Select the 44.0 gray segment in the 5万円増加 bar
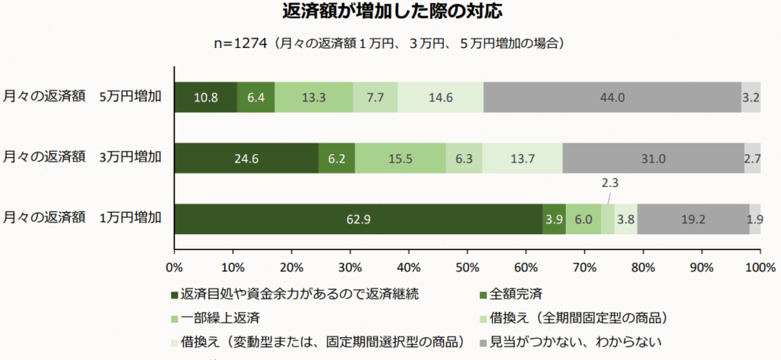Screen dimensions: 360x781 (612, 97)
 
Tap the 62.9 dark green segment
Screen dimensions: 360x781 (358, 220)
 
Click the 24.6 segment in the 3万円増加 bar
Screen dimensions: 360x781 (246, 159)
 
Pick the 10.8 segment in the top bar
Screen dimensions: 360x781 (206, 97)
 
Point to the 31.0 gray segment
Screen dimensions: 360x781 (653, 159)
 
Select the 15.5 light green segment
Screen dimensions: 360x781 (400, 159)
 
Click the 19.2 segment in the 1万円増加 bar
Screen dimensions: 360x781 (693, 220)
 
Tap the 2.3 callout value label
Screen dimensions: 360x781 (609, 183)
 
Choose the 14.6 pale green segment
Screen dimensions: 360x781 (440, 97)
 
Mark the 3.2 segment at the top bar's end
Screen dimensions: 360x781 (750, 97)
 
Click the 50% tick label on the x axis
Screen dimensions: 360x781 (467, 267)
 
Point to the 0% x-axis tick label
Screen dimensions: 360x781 (175, 267)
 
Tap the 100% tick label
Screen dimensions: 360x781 (759, 267)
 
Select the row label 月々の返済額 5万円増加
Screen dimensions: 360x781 (82, 97)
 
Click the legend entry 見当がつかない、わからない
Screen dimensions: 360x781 (573, 342)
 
